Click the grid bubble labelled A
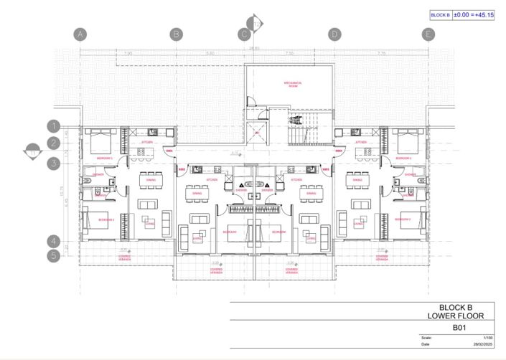tap(80, 34)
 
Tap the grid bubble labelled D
tap(334, 34)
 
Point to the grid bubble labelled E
tap(428, 34)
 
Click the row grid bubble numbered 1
tap(53, 125)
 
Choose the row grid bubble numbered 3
tap(53, 164)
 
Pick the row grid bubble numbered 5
tap(53, 255)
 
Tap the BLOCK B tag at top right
tap(439, 14)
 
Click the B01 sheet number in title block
tap(459, 327)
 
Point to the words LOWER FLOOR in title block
tap(459, 316)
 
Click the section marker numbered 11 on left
tap(32, 151)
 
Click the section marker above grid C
tap(256, 24)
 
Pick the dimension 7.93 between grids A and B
tap(128, 54)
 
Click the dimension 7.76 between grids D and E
tap(381, 54)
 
